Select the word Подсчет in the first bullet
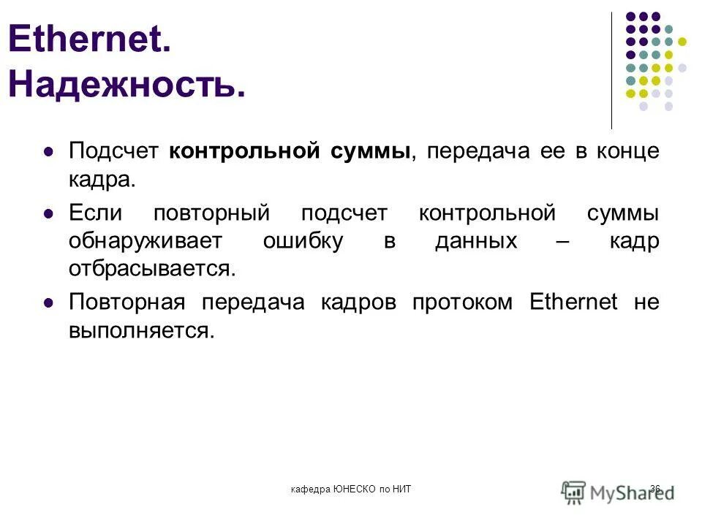113,151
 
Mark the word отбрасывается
152,268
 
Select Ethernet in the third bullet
573,302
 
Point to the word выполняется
142,329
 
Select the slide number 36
654,489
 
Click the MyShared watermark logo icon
575,490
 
